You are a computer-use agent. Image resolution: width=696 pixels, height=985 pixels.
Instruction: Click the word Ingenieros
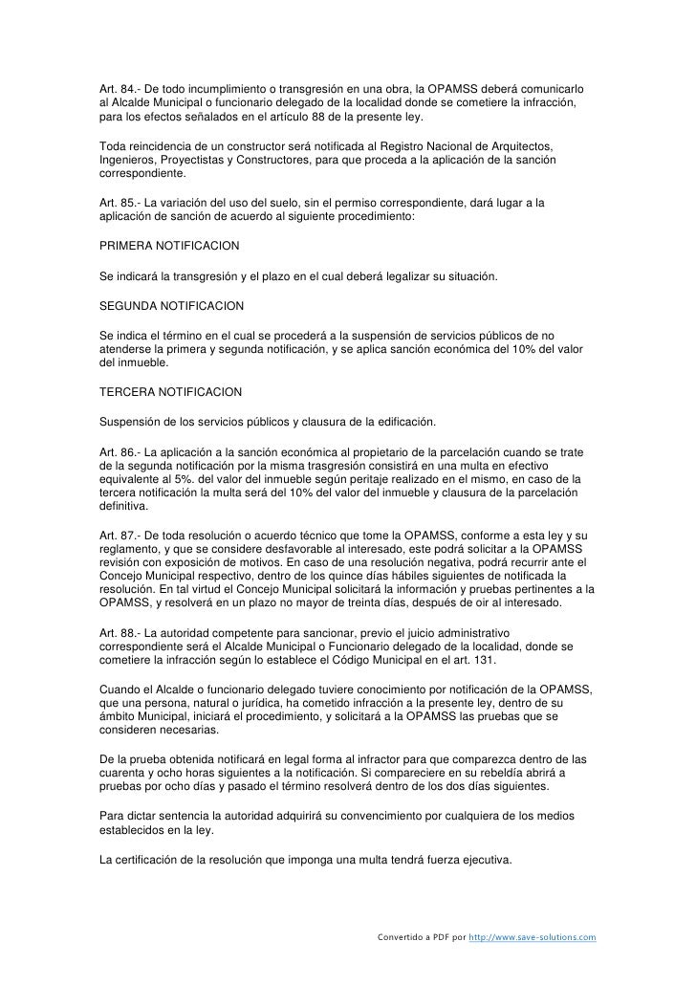[x=128, y=157]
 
